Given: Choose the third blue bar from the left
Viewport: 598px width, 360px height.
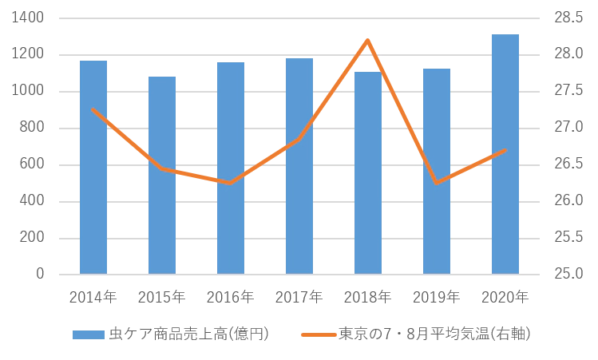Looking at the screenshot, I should (232, 168).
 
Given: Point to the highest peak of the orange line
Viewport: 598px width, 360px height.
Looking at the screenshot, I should (367, 40).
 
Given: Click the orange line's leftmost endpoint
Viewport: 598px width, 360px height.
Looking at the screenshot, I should (93, 109).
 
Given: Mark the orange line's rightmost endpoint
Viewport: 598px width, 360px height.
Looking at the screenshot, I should (506, 150).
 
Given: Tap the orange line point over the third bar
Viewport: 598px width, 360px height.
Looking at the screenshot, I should (231, 183).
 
